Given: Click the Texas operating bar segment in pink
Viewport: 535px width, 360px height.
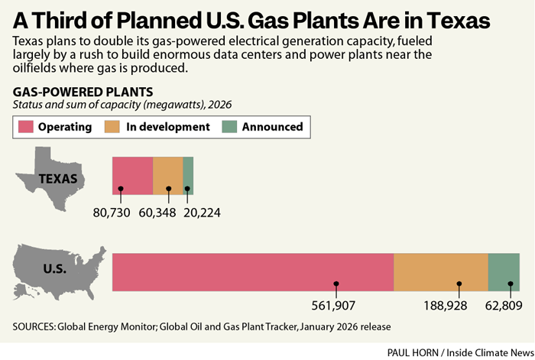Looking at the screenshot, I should (x=132, y=175).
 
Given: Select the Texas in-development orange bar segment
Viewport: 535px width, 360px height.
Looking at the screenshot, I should (x=168, y=175).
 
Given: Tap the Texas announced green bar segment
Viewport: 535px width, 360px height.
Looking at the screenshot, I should (x=188, y=175).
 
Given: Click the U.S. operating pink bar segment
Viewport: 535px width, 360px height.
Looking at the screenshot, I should (x=252, y=271).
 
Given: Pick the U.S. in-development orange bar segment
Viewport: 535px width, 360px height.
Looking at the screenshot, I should (x=440, y=271).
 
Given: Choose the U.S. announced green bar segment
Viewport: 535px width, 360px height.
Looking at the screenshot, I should (x=504, y=271).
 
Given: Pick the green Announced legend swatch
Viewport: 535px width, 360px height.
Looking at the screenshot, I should (x=229, y=127).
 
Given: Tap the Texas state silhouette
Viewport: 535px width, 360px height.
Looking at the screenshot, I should (x=52, y=180).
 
